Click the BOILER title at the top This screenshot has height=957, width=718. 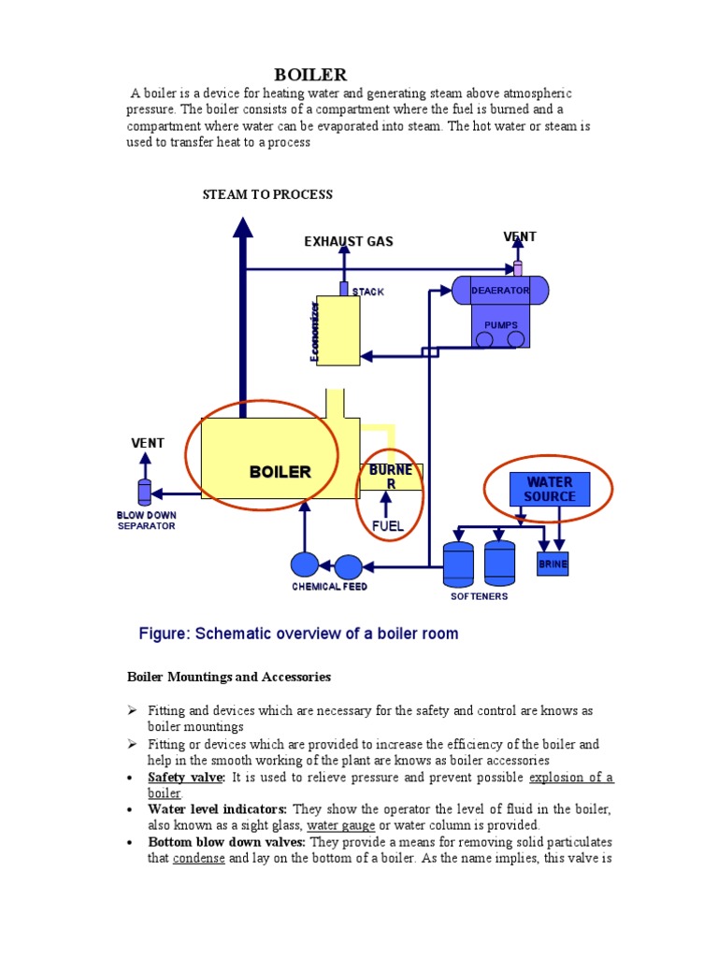coord(309,75)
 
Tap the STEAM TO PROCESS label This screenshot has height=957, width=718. coord(267,194)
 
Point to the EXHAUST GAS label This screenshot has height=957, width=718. coord(349,241)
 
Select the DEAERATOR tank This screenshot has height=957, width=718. coord(499,291)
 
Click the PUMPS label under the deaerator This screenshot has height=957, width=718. coord(500,325)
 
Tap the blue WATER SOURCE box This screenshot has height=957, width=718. coord(549,489)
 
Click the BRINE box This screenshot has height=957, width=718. coord(552,564)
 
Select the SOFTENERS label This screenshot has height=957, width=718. coord(479,596)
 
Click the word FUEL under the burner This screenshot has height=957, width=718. coord(387,526)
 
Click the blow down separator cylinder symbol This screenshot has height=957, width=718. coord(144,493)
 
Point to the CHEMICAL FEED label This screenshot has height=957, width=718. coord(329,587)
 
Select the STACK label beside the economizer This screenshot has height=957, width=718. coord(367,292)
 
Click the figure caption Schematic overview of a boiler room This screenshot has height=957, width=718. coord(298,634)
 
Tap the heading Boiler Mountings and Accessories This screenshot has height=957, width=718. coord(228,677)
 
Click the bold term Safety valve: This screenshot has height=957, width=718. coord(186,778)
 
